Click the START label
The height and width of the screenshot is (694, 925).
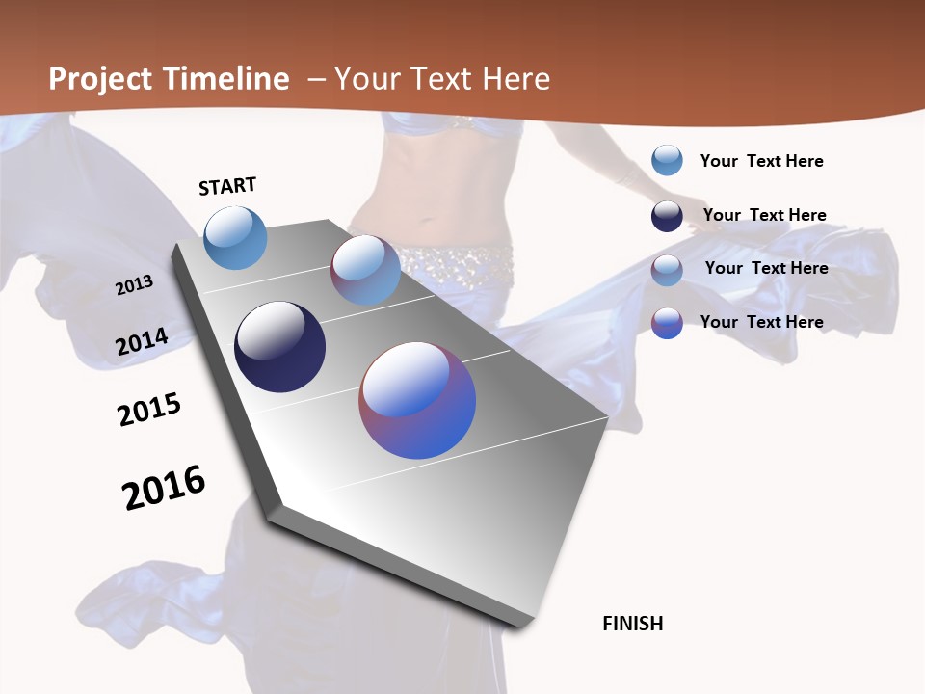coord(227,185)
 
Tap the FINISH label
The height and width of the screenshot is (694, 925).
coord(633,624)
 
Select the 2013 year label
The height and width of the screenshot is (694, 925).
coord(134,284)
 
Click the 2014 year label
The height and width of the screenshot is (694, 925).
coord(143,342)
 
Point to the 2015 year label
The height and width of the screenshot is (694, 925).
coord(149,410)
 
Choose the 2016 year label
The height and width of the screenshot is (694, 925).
coord(164,487)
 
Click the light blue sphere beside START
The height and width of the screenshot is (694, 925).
coord(235,237)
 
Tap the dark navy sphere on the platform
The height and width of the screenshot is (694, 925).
coord(279,347)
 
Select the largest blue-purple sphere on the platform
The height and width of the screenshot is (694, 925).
coord(417,399)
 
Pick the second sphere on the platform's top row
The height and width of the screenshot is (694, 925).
coord(365,270)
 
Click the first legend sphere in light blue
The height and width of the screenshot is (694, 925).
coord(667,160)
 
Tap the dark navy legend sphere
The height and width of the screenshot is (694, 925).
coord(667,216)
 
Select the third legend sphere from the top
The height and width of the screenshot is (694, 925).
coord(667,269)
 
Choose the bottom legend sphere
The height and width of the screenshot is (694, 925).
coord(667,323)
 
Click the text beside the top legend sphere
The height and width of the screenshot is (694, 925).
coord(761,161)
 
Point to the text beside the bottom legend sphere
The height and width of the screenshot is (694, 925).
coord(761,322)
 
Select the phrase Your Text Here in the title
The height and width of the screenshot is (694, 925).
coord(442,79)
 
